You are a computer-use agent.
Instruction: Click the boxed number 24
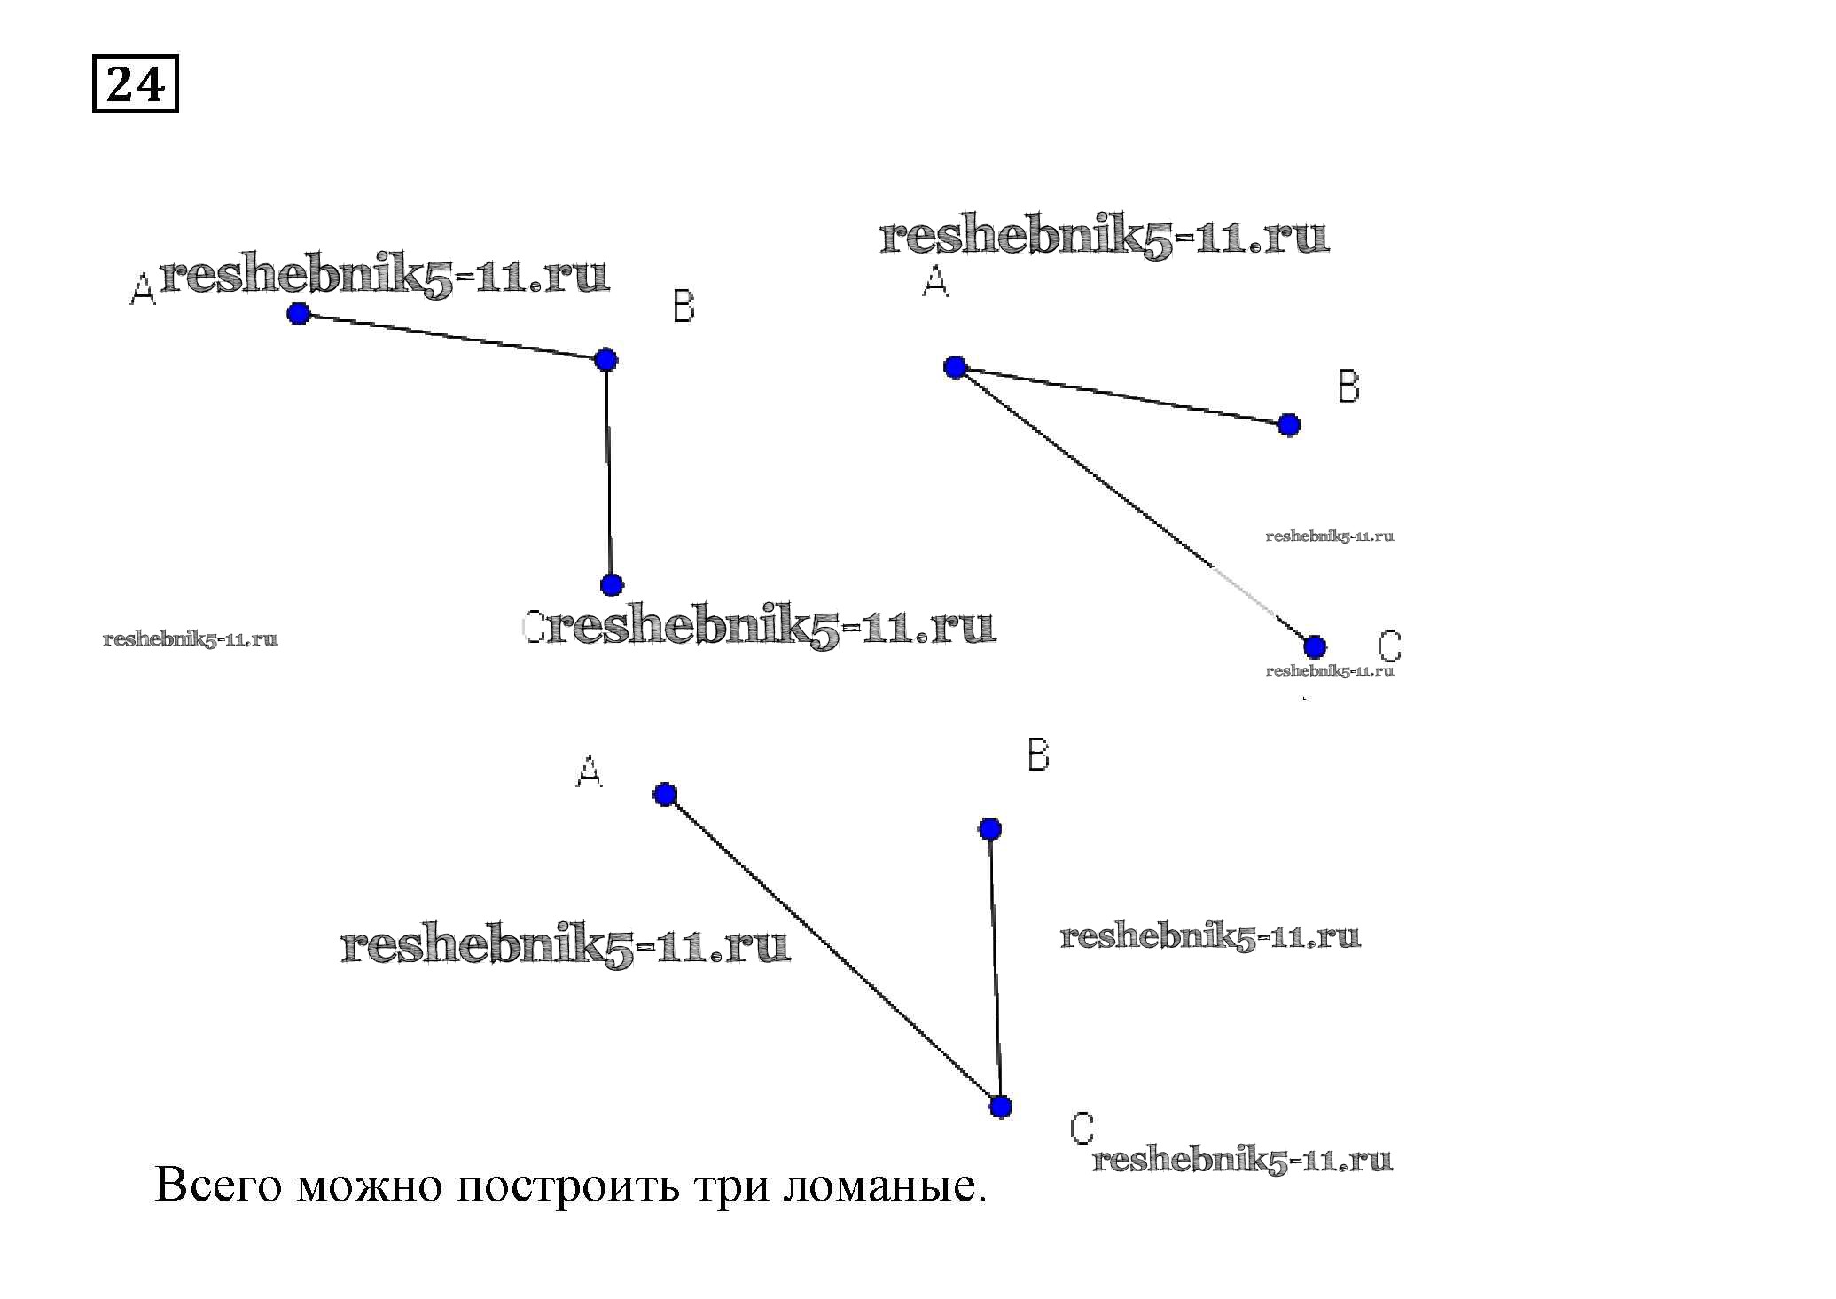(x=136, y=84)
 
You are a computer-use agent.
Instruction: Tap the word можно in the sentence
(x=369, y=1186)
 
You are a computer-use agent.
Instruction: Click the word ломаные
(x=885, y=1186)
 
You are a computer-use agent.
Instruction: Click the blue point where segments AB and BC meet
(x=605, y=360)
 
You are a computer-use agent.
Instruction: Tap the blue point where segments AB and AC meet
(x=955, y=367)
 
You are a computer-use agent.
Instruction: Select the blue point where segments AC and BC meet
(x=1000, y=1107)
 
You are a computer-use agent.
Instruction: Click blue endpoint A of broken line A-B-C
(x=299, y=313)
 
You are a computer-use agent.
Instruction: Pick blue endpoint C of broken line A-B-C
(x=612, y=584)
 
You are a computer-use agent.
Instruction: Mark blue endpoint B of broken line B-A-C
(x=1289, y=425)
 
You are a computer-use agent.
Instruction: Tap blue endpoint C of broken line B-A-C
(x=1315, y=646)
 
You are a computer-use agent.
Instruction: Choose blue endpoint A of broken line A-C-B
(x=665, y=794)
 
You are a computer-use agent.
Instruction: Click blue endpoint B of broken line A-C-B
(x=990, y=829)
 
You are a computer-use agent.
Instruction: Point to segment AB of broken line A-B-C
(x=452, y=337)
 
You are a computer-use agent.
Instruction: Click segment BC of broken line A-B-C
(x=609, y=473)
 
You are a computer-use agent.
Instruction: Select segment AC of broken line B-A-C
(x=1135, y=507)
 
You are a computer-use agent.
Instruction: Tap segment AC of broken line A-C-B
(x=832, y=951)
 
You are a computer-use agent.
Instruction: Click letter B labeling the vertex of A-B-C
(x=684, y=306)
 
